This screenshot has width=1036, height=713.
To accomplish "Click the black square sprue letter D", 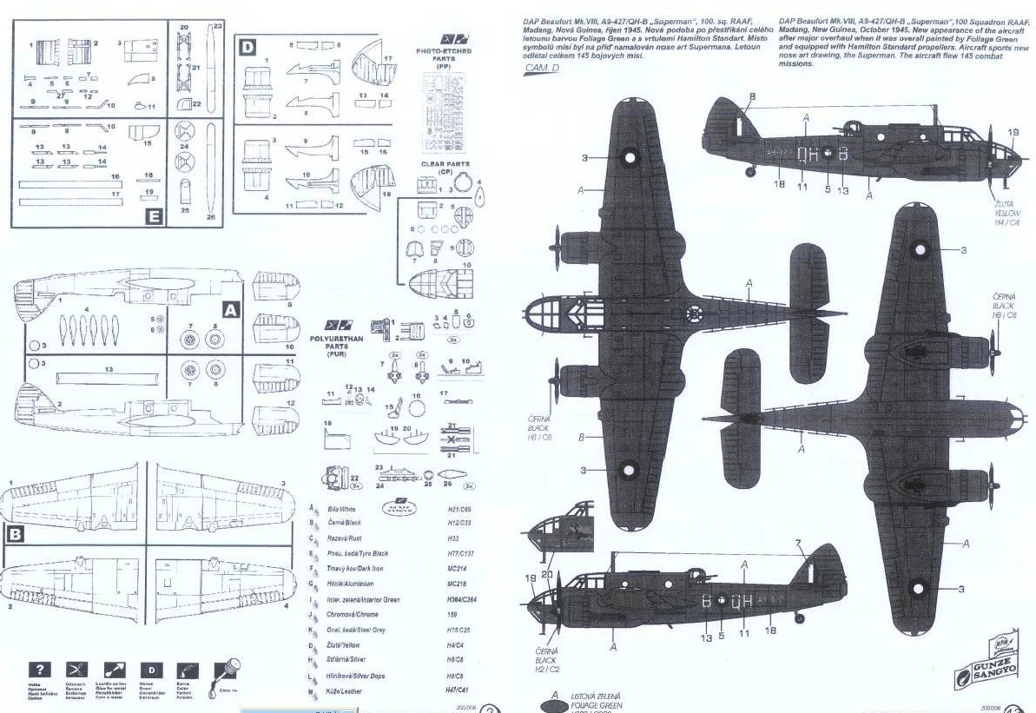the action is pos(247,48).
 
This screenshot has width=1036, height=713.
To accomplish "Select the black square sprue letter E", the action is pos(154,216).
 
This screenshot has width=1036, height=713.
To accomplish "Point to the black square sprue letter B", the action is pos(15,535).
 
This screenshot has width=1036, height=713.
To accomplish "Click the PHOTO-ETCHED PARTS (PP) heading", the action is pos(445,56).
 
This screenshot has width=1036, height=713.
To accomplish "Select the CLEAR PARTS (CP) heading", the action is pos(444,168).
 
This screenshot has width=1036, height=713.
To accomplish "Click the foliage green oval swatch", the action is pos(550,703).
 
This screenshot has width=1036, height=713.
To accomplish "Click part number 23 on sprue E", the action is pos(217,27).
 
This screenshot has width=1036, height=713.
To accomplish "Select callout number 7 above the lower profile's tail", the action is pos(796,545).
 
